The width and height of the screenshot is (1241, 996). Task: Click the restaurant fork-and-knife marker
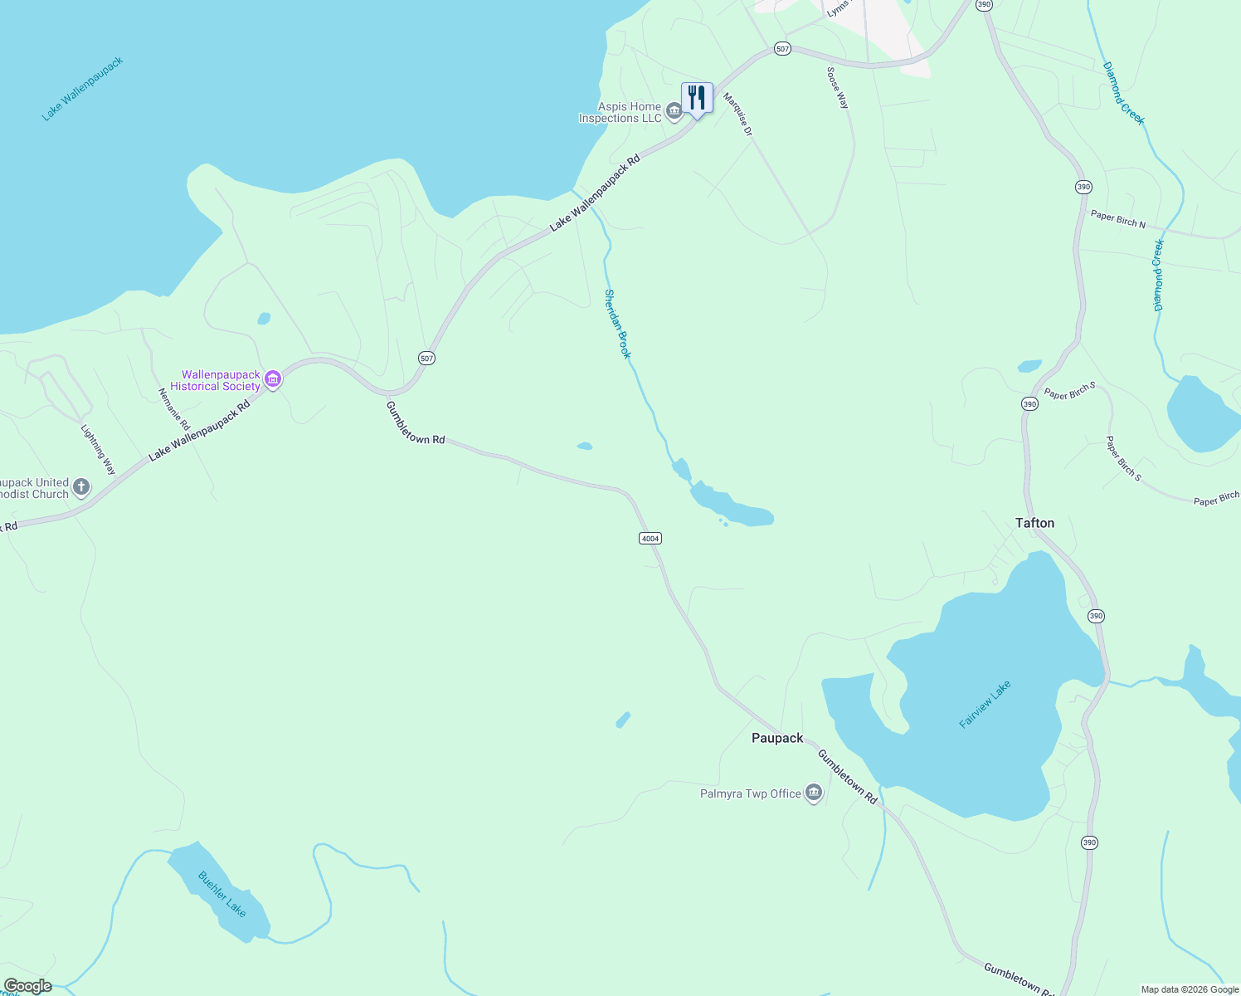tap(697, 98)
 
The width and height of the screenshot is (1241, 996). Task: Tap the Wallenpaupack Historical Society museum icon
tap(273, 380)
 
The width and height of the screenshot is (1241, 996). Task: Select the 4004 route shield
tap(650, 539)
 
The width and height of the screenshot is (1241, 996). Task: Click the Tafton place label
tap(1034, 523)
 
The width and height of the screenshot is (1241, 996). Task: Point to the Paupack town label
tap(777, 738)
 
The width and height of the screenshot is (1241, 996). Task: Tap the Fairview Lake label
tap(985, 705)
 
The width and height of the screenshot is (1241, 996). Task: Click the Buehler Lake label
tap(222, 894)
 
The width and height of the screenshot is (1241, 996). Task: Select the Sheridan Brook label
tap(617, 324)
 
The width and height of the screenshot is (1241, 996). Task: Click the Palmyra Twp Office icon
tap(814, 793)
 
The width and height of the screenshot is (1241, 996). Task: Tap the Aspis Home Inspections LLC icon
tap(674, 111)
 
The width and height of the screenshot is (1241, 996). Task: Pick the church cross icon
tap(81, 487)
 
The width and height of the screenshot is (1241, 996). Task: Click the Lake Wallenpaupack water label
tap(82, 89)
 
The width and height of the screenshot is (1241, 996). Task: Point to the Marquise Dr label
tap(737, 114)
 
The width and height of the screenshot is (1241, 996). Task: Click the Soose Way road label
tap(838, 88)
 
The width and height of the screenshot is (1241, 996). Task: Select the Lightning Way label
tap(98, 450)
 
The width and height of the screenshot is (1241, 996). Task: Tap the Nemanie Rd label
tap(174, 409)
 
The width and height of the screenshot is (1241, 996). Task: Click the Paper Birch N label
tap(1117, 219)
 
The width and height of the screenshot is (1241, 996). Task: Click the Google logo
tap(27, 986)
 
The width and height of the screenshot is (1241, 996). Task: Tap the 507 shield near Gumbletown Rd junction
tap(426, 359)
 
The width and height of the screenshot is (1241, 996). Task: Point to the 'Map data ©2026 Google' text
tap(1190, 989)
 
